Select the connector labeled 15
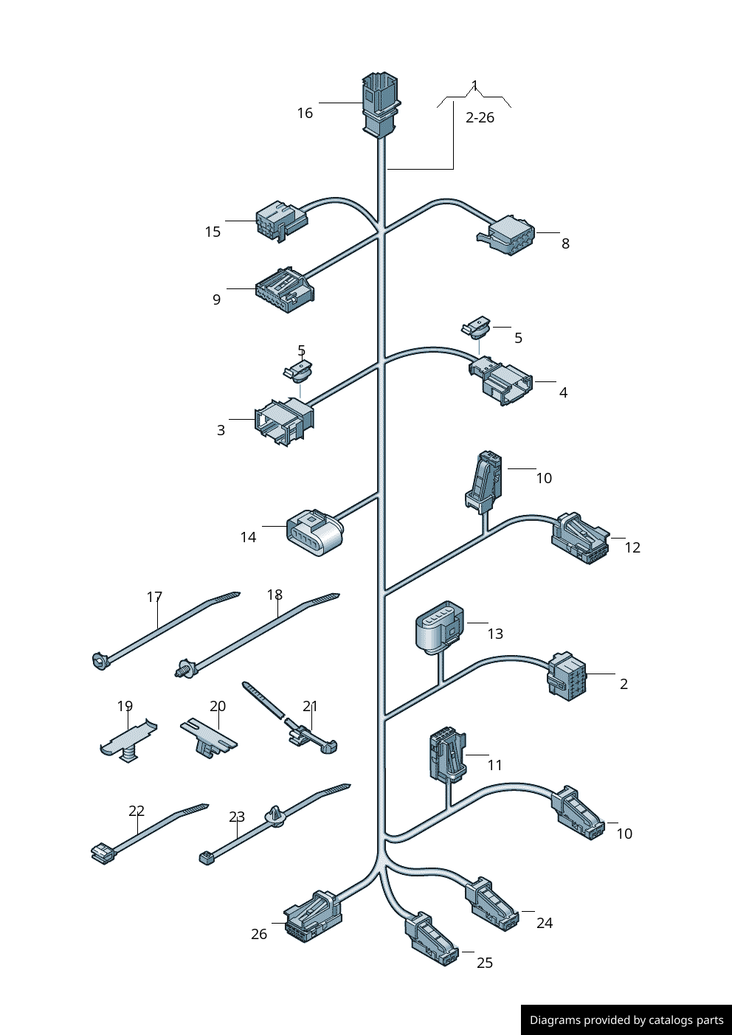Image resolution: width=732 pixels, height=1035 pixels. tap(279, 221)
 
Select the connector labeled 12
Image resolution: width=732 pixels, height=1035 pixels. tap(580, 539)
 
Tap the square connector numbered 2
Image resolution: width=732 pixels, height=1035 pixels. tap(566, 676)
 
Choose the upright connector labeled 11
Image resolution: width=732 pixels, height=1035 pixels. tap(447, 755)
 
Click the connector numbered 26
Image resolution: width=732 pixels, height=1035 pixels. tap(313, 917)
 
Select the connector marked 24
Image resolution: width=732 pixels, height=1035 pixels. tap(491, 904)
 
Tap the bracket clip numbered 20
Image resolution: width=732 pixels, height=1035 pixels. tap(209, 738)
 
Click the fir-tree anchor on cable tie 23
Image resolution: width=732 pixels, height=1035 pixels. tap(277, 817)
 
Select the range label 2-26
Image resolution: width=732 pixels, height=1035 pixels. tap(480, 118)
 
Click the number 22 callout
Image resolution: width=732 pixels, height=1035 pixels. tap(137, 811)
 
